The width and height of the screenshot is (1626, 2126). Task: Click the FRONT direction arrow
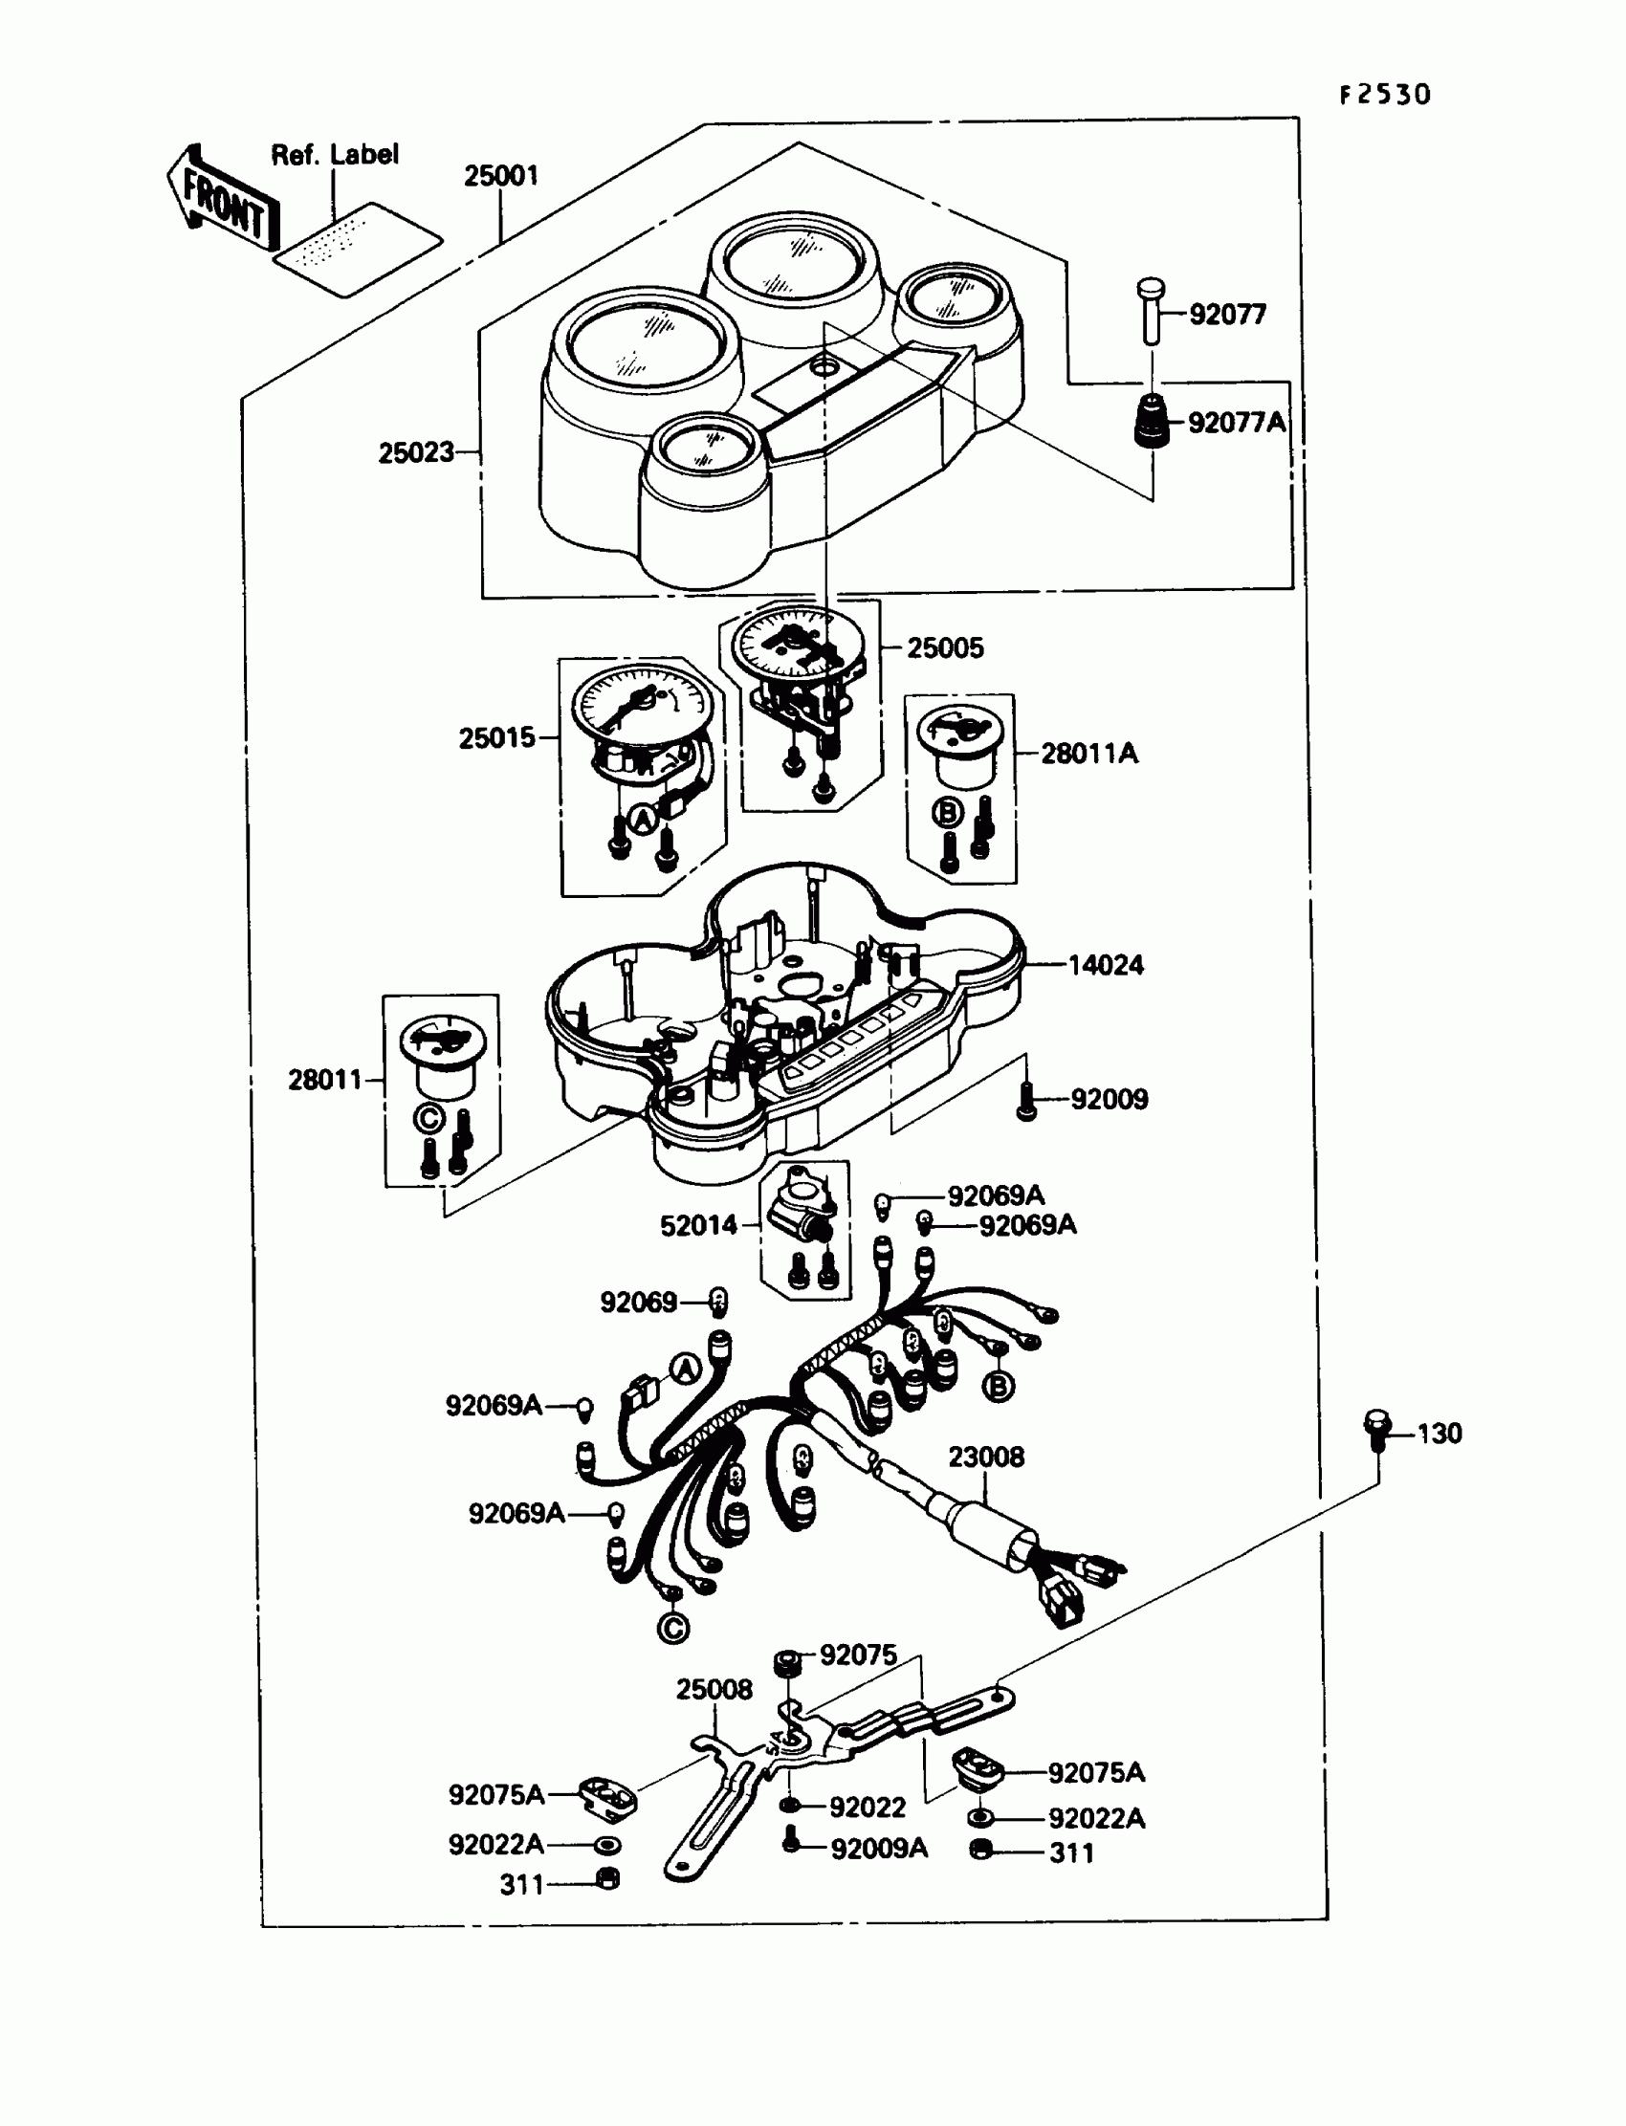(223, 200)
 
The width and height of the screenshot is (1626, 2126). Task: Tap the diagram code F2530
(1384, 95)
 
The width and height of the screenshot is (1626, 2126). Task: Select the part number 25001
(500, 176)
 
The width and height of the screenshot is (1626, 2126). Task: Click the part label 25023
(416, 452)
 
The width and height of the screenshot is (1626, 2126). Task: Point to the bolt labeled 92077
(1151, 311)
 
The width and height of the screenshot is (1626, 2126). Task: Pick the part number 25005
(945, 647)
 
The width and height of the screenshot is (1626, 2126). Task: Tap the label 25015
(496, 737)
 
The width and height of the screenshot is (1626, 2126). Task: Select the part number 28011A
(1088, 753)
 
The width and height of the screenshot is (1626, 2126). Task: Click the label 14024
(1106, 965)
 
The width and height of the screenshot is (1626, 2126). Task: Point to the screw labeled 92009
(1027, 1101)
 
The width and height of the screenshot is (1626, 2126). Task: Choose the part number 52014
(699, 1226)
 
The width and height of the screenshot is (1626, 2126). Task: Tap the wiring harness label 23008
(985, 1457)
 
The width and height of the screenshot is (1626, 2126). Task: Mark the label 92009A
(879, 1849)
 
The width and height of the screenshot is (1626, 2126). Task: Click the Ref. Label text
(334, 154)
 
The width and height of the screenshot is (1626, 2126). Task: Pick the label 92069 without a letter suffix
(639, 1302)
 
